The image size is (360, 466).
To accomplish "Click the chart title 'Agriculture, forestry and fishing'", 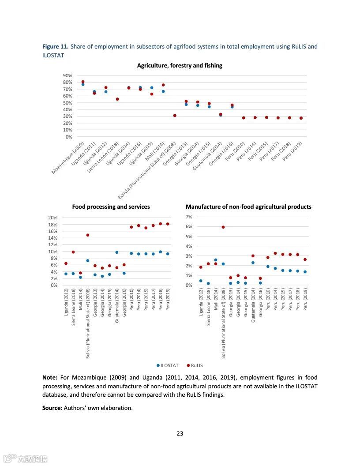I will click(180, 66).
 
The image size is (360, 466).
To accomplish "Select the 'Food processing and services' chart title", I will click(111, 207).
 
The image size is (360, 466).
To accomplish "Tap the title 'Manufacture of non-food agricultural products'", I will click(248, 207).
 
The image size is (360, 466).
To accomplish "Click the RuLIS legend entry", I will click(195, 365).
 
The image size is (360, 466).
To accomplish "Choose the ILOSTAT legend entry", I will click(168, 365).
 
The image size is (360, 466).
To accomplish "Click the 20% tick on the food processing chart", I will click(53, 218).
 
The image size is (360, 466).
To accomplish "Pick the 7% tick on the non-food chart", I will click(189, 217).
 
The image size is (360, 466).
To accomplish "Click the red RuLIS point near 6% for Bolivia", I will click(223, 227).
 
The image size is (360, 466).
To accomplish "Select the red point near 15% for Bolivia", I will click(88, 235).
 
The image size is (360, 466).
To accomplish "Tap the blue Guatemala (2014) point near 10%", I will click(117, 252).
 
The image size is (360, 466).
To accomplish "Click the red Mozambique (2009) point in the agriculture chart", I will click(83, 82).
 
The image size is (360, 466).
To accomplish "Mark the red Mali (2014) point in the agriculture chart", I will click(163, 85).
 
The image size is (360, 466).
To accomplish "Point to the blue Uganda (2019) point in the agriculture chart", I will click(152, 88).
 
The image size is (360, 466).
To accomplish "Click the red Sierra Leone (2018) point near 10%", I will click(73, 252).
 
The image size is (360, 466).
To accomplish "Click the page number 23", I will click(180, 433).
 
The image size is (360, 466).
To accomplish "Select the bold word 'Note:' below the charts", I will click(50, 378).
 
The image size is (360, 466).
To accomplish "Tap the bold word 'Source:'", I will click(52, 408).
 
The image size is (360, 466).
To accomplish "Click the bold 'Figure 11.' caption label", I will click(55, 47).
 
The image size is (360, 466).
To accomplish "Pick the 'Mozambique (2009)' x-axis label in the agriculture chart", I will click(68, 158).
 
